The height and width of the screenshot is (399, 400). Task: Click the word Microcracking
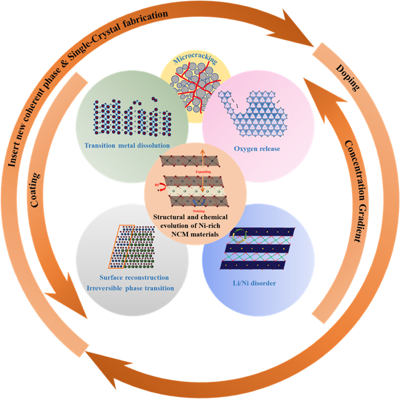click(x=195, y=57)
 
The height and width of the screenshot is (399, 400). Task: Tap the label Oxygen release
click(x=257, y=149)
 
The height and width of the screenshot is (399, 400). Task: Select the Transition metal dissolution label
click(x=127, y=145)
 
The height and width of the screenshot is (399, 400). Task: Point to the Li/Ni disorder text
click(x=254, y=283)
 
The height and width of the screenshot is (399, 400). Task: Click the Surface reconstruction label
click(x=134, y=277)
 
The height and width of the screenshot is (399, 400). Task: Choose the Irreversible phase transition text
click(x=130, y=288)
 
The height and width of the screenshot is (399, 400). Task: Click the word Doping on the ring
click(x=347, y=78)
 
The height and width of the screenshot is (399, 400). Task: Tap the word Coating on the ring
click(x=35, y=190)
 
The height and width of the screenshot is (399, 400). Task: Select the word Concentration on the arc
click(x=356, y=171)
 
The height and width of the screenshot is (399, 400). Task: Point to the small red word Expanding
click(x=203, y=172)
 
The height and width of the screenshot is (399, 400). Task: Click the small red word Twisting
click(x=199, y=211)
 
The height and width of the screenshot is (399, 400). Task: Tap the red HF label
click(x=157, y=185)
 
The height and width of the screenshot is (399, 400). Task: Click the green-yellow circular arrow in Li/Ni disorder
click(x=240, y=236)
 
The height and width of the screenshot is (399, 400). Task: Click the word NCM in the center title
click(x=180, y=234)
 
